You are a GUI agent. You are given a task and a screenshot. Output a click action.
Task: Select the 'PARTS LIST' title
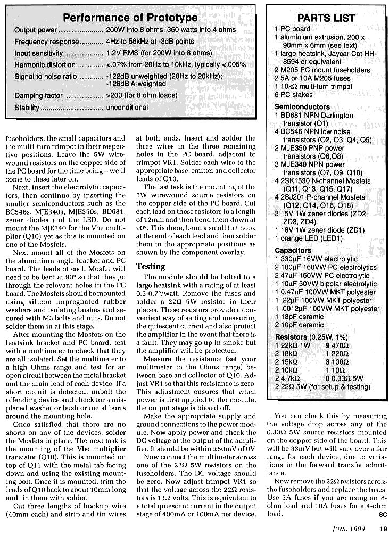click(x=326, y=18)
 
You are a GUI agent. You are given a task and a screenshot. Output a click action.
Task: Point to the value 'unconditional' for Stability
click(x=127, y=107)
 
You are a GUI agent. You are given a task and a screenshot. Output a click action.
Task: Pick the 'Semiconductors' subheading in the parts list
click(x=302, y=107)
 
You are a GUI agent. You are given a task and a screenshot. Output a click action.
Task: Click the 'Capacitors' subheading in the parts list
click(x=293, y=250)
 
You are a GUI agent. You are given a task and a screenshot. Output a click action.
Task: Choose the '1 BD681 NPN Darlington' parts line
click(x=314, y=116)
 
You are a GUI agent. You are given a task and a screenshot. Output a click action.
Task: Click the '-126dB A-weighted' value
click(x=136, y=84)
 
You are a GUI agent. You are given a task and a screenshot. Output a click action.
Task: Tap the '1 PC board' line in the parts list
click(x=292, y=29)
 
